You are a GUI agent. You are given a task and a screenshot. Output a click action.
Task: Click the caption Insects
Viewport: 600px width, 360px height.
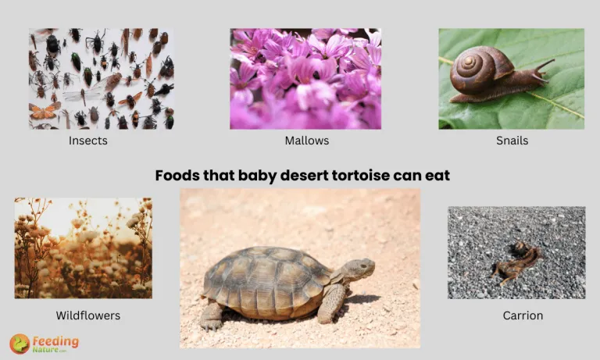88,141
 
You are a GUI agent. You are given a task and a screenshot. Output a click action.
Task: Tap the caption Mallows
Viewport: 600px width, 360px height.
306,141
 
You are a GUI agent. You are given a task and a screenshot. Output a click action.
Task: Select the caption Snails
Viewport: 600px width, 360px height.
512,141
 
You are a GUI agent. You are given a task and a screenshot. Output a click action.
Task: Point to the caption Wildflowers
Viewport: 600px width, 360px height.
88,315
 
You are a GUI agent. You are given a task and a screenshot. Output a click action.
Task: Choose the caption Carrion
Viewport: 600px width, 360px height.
523,315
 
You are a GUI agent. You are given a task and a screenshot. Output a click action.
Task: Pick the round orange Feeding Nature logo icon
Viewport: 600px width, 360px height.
20,344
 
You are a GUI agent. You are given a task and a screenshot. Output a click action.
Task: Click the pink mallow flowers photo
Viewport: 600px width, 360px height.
305,78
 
